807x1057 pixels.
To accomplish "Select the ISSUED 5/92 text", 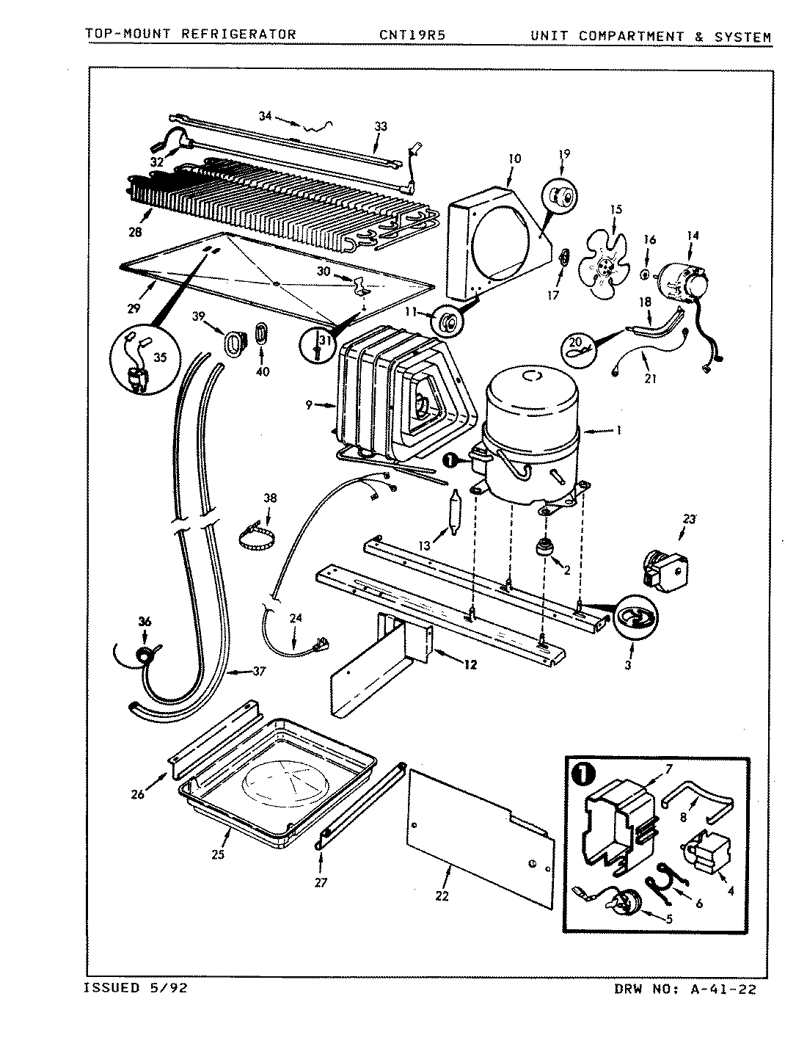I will pos(136,989).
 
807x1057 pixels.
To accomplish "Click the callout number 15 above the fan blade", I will pos(615,210).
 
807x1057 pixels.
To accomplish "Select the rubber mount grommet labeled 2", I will pos(545,548).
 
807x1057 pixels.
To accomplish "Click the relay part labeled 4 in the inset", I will pos(703,854).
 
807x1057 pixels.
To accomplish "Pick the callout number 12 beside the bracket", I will pos(470,665).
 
